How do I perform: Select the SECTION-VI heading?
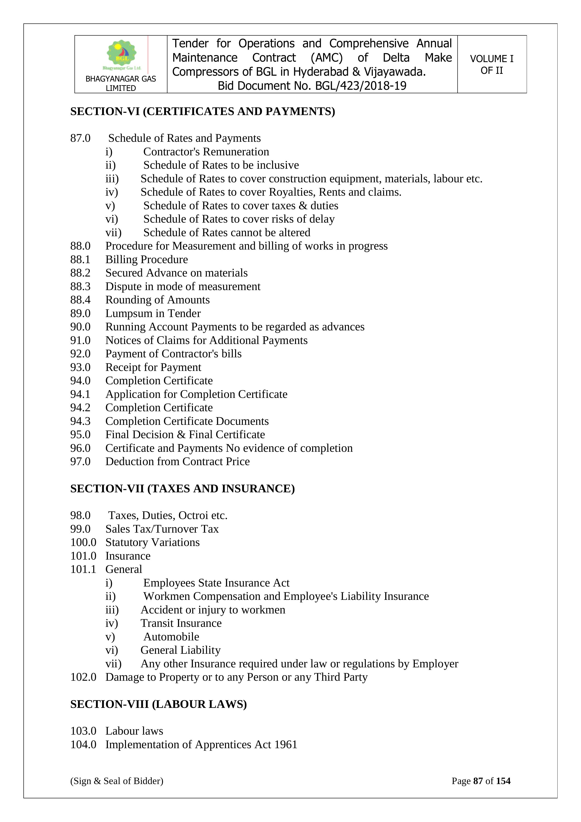(203, 111)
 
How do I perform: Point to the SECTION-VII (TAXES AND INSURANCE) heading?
(182, 489)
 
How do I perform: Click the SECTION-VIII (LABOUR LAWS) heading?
(159, 704)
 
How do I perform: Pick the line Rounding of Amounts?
(157, 300)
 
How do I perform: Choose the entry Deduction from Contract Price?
(178, 461)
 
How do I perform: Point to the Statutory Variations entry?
(152, 542)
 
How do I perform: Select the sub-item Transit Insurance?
(181, 623)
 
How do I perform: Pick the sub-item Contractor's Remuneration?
(206, 152)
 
